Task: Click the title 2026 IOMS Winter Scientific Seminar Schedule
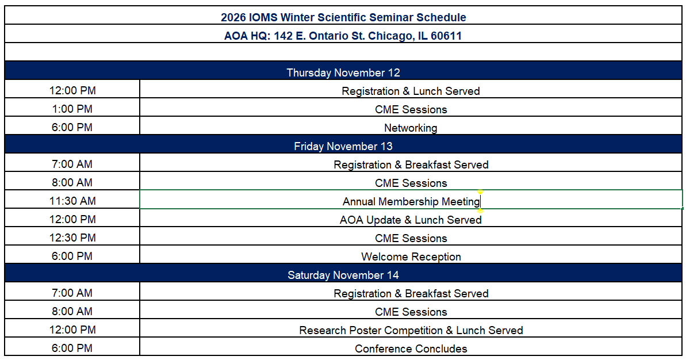coord(343,17)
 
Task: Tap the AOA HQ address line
coord(343,36)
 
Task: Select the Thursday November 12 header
coord(343,72)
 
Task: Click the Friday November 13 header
coord(343,146)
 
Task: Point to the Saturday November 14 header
coord(343,275)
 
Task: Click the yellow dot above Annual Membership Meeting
coord(480,192)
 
